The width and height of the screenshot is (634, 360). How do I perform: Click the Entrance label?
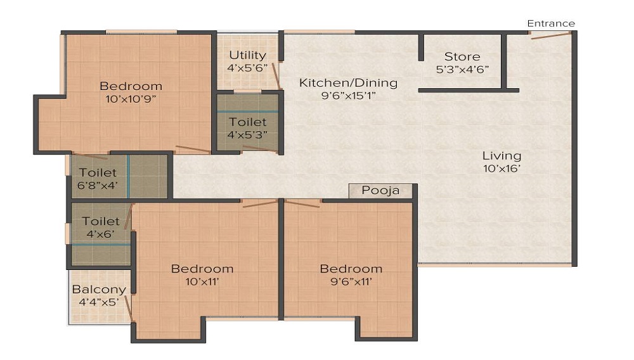[x=551, y=23]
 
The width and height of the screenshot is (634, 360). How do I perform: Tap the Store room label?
[x=462, y=56]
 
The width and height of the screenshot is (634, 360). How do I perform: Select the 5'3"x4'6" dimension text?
[x=462, y=69]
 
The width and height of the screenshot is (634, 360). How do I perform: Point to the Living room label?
[x=501, y=155]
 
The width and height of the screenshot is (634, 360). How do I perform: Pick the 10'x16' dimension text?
[x=501, y=169]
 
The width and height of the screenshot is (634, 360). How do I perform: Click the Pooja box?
[x=380, y=191]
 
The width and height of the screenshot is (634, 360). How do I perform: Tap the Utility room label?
[x=247, y=55]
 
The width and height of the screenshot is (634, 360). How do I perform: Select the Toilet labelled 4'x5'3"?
[x=247, y=121]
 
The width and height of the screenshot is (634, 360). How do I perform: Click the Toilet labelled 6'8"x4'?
[x=98, y=172]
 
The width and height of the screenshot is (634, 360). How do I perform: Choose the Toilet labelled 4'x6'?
[x=101, y=221]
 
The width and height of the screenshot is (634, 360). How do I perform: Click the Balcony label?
[x=98, y=290]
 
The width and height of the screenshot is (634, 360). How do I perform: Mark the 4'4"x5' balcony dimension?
[x=98, y=302]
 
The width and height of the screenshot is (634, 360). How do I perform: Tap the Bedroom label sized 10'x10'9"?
[x=131, y=86]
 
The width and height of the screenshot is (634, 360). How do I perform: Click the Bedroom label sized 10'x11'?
[x=202, y=269]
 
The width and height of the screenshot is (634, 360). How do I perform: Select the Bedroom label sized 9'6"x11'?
[x=351, y=269]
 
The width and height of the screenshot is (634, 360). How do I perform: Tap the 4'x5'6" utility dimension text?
[x=247, y=68]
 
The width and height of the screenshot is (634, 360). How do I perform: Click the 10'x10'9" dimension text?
[x=131, y=99]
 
